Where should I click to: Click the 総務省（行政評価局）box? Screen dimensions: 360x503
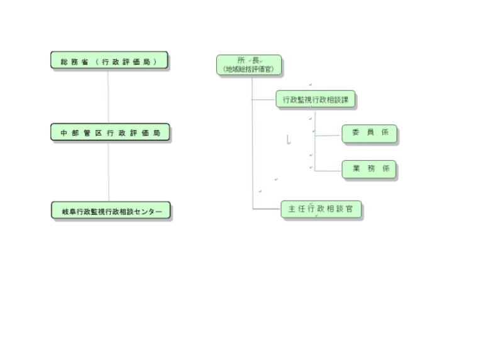[x=109, y=61]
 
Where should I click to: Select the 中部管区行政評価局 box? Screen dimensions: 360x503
[x=109, y=133]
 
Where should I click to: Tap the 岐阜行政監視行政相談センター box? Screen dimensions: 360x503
[x=111, y=212]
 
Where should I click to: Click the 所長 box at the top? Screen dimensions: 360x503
[x=249, y=65]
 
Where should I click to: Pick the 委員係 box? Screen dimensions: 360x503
[x=370, y=134]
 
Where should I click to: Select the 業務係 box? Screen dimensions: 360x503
[x=370, y=169]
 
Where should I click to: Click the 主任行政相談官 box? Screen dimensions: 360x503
[x=322, y=209]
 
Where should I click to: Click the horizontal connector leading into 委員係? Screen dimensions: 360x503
[x=328, y=134]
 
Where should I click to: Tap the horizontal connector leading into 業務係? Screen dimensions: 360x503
[x=328, y=170]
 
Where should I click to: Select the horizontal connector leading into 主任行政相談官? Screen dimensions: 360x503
[x=267, y=209]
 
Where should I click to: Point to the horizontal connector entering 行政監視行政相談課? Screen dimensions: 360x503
[x=264, y=99]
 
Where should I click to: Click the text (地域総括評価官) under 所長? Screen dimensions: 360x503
[x=249, y=70]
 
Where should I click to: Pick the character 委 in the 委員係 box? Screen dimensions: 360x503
[x=355, y=134]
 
